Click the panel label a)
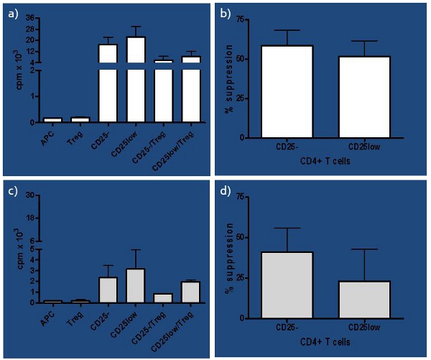tap(12, 13)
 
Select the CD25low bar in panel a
tap(136, 79)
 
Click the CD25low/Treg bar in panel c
tap(191, 292)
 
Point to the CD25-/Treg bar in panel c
tap(164, 297)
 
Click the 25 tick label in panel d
tap(244, 277)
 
